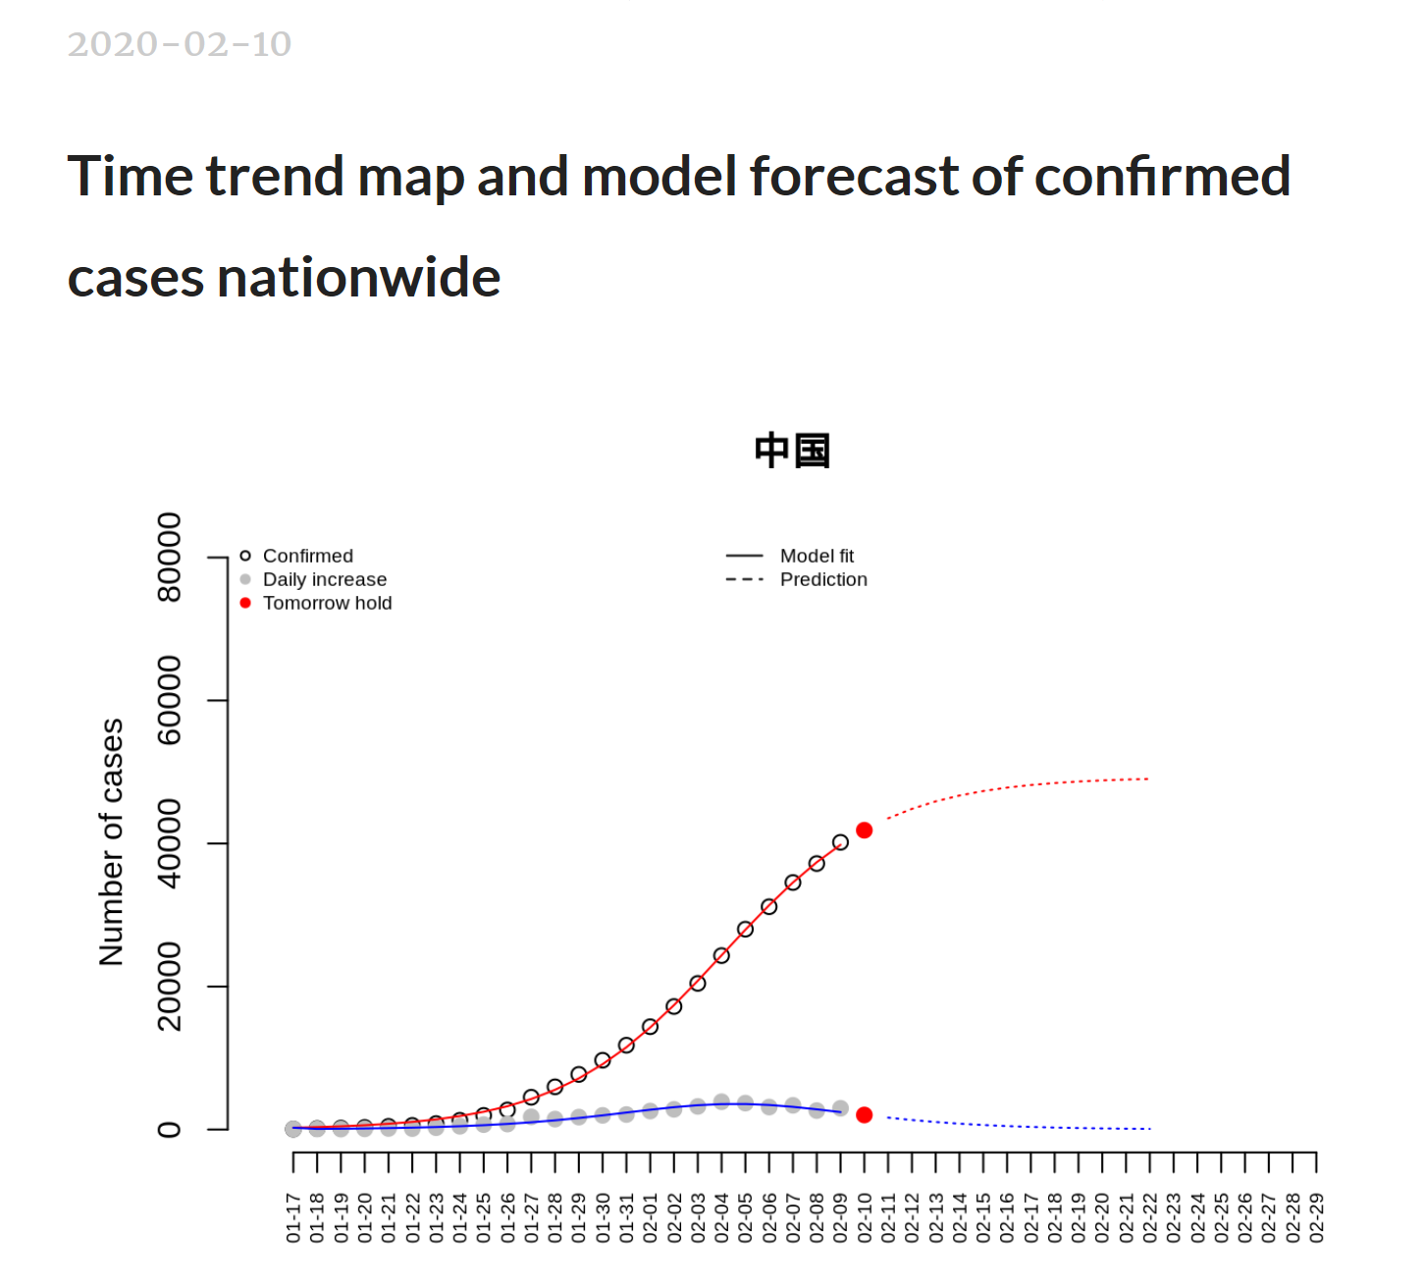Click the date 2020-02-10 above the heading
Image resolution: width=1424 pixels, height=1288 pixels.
180,44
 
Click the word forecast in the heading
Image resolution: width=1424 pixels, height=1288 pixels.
852,177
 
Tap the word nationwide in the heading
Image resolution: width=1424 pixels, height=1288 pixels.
358,278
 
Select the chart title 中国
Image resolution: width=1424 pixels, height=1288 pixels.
792,451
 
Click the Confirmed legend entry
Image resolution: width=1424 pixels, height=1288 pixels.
307,556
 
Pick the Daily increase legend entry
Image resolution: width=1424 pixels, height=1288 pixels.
324,579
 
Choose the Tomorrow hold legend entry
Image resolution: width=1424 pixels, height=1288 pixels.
327,603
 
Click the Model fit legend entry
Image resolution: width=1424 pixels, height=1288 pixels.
817,556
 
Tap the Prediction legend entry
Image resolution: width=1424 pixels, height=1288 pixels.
823,579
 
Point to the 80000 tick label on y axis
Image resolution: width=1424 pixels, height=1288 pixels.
170,557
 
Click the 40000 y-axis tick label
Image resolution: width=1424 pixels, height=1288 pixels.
170,843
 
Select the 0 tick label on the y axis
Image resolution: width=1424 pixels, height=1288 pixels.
170,1129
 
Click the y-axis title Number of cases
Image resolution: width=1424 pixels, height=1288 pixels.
112,842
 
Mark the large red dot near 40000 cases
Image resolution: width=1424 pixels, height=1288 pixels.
865,831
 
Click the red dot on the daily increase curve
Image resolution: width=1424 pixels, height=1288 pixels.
865,1115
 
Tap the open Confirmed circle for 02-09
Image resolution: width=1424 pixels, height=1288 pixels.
840,842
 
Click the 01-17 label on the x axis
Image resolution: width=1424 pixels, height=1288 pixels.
293,1217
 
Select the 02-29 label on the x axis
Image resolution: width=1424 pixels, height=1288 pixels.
1316,1217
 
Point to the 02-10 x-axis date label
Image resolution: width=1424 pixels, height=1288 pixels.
865,1217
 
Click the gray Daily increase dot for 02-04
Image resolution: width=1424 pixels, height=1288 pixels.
721,1101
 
